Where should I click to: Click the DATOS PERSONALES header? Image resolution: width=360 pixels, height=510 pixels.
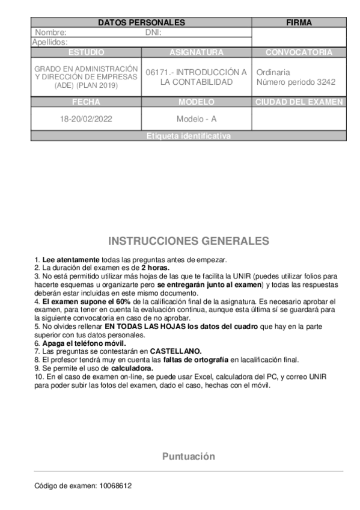(x=141, y=23)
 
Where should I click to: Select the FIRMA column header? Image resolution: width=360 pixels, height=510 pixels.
(x=299, y=23)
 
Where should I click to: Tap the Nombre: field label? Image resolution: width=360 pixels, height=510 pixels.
(x=51, y=32)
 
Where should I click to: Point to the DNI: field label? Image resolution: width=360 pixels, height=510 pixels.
(x=154, y=32)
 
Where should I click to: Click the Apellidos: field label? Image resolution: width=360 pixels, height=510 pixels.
(x=49, y=42)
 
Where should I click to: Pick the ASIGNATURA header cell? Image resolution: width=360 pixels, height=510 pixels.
(x=197, y=52)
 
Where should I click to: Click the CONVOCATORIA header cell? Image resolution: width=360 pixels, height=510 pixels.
(x=299, y=52)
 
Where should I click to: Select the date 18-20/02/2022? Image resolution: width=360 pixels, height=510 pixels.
(x=86, y=119)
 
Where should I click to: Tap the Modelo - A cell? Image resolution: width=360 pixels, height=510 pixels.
(x=197, y=119)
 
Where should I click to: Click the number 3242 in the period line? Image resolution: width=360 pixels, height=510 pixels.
(x=325, y=82)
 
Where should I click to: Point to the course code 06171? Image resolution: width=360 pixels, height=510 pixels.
(x=157, y=72)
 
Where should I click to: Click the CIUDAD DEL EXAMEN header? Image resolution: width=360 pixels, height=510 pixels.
(x=299, y=102)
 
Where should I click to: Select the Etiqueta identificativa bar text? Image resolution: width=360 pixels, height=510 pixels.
(x=188, y=136)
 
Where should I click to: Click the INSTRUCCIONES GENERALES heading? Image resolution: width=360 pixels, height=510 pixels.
(x=189, y=241)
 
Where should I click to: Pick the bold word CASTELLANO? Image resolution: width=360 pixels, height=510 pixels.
(x=175, y=351)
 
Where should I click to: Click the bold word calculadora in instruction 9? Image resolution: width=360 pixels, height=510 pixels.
(x=132, y=367)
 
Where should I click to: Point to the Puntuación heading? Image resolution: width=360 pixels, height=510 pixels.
(x=188, y=456)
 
